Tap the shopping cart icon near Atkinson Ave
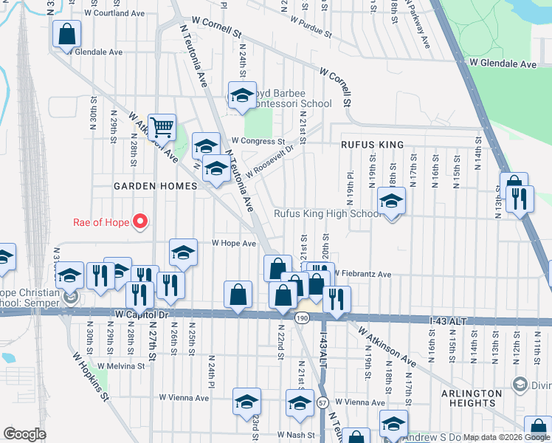point(162,126)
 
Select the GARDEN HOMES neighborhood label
point(155,187)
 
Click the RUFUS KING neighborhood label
point(372,145)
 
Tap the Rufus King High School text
point(328,214)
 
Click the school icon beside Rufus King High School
point(391,200)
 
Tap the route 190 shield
point(301,317)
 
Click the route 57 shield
point(323,403)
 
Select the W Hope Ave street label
point(234,243)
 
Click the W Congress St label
point(258,140)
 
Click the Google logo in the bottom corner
point(25,434)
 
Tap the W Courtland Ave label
point(114,13)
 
